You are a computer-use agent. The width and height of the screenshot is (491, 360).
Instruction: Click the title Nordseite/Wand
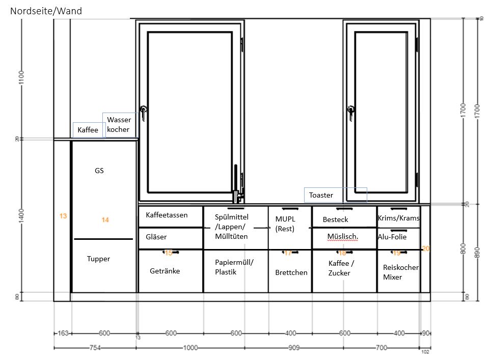coord(46,11)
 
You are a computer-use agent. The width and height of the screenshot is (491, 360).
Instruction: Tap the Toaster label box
coord(335,195)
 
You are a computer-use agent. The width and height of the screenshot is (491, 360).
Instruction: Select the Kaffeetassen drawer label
coord(167,215)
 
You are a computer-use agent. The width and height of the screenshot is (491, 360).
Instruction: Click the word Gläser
coord(156,237)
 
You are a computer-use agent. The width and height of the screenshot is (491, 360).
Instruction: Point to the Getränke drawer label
coord(165,271)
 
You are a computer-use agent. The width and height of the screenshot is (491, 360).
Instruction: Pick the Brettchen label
coord(291,272)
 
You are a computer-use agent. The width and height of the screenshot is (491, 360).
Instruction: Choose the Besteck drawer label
coord(335,220)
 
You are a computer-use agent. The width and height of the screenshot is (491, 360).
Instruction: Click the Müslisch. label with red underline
coord(343,237)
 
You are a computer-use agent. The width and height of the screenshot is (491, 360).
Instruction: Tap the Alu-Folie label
coord(392,237)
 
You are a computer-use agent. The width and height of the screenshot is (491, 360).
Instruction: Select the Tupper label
coord(98,259)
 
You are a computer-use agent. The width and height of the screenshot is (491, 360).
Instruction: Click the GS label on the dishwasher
coord(99,171)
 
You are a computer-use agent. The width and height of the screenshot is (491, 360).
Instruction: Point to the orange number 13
coord(63,216)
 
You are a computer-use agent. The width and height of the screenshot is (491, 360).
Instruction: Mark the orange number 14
coord(105,220)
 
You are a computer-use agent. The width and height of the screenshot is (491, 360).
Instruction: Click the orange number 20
coord(426,248)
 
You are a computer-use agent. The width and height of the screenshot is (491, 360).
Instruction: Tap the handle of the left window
coord(143,113)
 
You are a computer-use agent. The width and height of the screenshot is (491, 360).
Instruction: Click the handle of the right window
coord(351,113)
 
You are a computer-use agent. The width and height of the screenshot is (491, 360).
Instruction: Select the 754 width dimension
coord(95,348)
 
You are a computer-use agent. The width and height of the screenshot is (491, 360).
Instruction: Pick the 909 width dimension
coord(294,348)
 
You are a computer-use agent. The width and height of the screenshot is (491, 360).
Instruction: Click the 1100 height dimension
coord(21,77)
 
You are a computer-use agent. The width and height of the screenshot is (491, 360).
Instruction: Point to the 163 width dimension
coord(63,333)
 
